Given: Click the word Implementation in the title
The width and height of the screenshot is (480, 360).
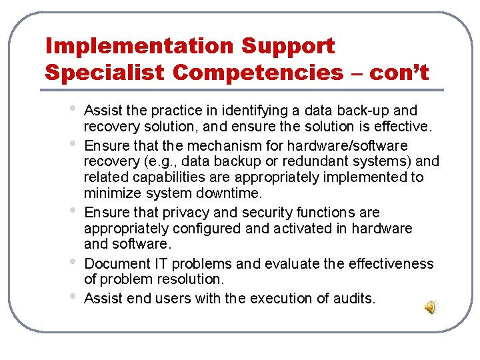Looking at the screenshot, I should point(139,46).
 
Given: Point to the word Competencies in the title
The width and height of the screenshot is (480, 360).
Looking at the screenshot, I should point(257,72).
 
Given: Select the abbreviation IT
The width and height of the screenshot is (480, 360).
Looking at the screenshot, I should point(161,264).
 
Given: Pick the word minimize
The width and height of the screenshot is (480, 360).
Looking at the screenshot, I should point(111,193).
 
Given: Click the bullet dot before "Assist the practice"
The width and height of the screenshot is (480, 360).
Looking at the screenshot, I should point(71,108).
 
